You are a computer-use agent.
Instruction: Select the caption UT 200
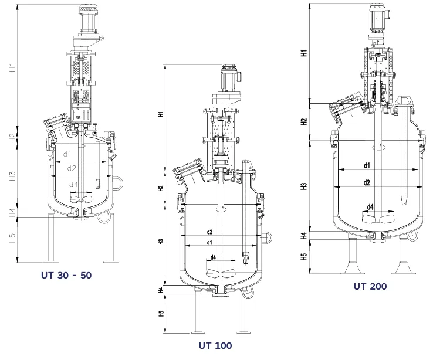pos(370,286)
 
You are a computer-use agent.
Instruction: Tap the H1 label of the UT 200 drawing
pos(303,53)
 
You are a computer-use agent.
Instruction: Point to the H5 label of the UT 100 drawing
pos(161,314)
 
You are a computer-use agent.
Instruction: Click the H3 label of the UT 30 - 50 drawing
pos(13,175)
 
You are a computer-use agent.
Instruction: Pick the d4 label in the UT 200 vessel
pos(370,206)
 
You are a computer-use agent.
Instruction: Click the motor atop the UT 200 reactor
pos(376,17)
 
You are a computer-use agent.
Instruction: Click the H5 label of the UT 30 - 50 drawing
pos(13,239)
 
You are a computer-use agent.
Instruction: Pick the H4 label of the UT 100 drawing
pos(161,290)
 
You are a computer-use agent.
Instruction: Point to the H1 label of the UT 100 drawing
pos(161,115)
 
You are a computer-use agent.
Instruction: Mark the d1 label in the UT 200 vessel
pos(367,166)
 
